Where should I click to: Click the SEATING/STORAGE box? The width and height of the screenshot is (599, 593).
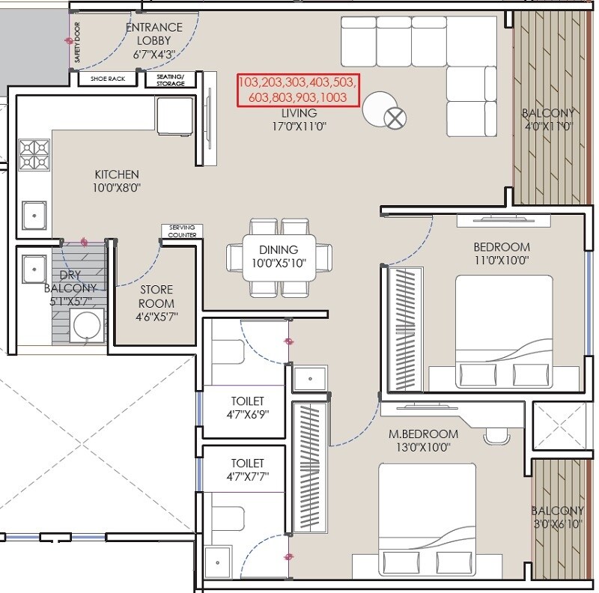pos(170,79)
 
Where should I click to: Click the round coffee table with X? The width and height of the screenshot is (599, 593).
pos(394,117)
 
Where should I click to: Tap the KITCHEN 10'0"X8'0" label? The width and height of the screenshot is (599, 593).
pos(117,180)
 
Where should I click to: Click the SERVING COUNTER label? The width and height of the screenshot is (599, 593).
pos(182,231)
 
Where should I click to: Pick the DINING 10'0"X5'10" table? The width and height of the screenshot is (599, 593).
pos(279,256)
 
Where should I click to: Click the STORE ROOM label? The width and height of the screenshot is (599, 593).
pos(156,296)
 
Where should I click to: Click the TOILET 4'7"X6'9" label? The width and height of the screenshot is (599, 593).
pos(247,407)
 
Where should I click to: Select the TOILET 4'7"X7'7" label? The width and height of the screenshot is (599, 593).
pos(248,469)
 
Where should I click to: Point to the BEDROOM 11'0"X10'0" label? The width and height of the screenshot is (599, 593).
pos(502,253)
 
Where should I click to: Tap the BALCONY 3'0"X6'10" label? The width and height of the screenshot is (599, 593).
pos(558,517)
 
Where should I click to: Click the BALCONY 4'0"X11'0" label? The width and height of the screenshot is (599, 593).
pos(550,120)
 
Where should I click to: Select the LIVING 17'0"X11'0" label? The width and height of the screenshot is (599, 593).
pos(299,119)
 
